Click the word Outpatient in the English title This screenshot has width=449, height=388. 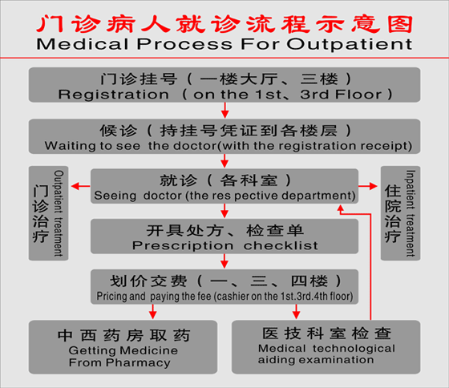350,44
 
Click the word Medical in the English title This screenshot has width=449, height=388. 83,44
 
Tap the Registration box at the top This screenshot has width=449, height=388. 224,85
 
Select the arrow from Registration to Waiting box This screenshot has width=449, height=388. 224,111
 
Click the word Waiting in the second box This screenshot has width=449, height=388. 71,147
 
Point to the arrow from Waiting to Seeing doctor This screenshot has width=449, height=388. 224,161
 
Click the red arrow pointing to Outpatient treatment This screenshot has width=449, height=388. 80,186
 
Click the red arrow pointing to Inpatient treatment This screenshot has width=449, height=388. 368,186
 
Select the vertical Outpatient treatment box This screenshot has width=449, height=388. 48,213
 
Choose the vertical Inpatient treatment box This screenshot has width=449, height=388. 401,213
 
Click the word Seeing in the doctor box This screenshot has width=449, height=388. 115,196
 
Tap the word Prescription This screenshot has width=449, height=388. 183,246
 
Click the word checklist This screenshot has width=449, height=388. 281,245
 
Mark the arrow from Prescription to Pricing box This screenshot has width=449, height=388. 224,261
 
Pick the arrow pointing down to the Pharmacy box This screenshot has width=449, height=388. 153,312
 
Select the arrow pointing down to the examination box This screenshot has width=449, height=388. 297,312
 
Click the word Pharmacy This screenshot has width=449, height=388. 138,363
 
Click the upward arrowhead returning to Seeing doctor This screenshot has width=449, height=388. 341,208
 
